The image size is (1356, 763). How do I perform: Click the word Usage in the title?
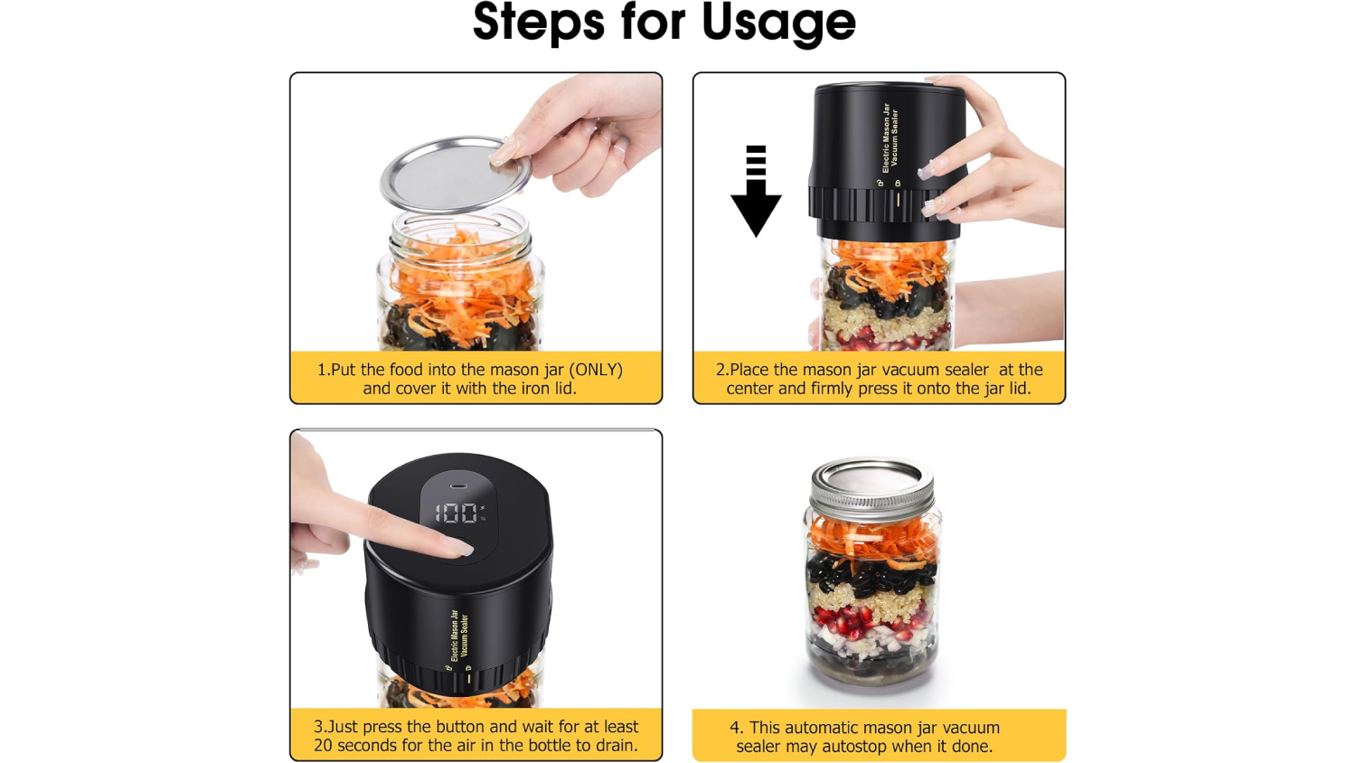coord(778,23)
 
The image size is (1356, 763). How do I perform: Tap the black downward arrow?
coord(756,191)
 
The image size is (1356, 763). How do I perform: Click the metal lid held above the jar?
coord(456,174)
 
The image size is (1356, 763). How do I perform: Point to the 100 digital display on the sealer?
coord(457,513)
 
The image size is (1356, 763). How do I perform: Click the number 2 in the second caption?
coord(720,370)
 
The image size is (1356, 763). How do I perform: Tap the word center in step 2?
coord(749,388)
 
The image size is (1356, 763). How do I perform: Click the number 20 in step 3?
coord(324,745)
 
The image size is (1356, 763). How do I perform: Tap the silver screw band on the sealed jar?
coord(871,494)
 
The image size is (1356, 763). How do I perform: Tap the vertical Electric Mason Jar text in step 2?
coord(886,137)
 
